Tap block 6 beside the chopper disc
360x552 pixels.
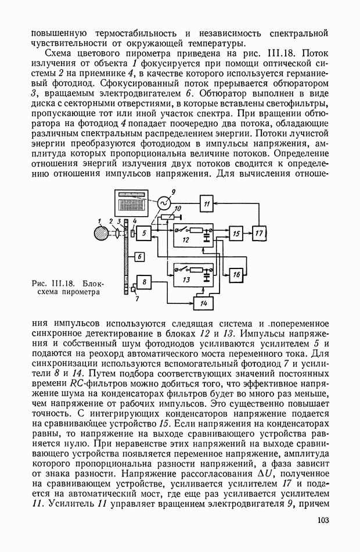tap(139, 256)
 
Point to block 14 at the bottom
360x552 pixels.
tap(203, 303)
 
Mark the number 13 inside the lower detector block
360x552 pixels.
tap(185, 279)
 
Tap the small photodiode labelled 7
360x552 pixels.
tap(134, 289)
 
